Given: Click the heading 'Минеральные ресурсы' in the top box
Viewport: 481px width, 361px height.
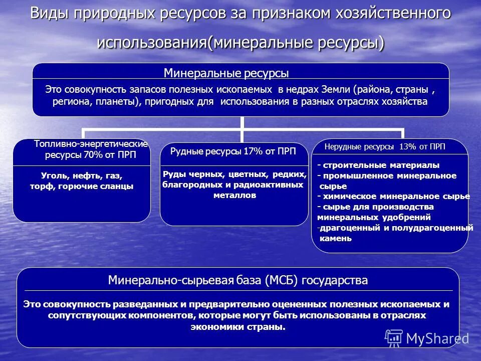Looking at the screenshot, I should point(226,74).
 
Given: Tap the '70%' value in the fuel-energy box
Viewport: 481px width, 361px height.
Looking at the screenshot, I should point(93,155).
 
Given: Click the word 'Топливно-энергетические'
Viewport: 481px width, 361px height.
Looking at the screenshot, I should point(91,144).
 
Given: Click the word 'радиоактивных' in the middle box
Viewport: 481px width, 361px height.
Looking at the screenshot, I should point(278,185).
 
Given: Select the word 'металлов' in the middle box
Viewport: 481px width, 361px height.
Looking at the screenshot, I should point(234,195).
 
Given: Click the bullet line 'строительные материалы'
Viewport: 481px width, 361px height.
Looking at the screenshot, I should point(381,165).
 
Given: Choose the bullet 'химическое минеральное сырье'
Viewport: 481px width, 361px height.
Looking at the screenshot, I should point(396,196).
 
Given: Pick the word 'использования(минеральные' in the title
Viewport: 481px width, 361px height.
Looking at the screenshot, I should point(206,42).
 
